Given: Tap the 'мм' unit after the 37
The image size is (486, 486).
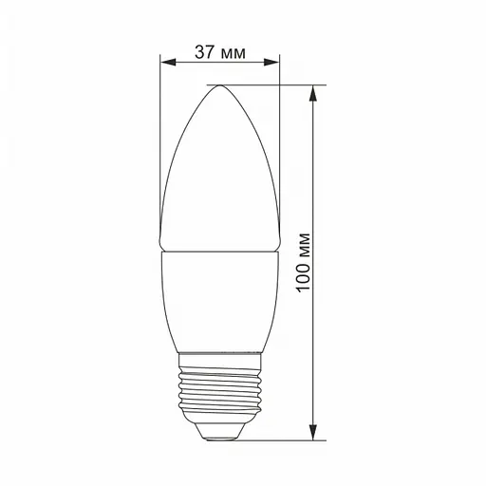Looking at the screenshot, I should point(233,53).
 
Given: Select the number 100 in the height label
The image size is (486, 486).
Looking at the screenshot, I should point(304,278).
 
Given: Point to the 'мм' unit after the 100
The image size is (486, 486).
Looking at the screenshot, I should point(304,246).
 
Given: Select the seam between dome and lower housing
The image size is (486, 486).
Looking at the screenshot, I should point(220,250).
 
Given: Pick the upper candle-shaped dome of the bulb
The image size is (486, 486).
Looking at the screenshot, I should point(220,171).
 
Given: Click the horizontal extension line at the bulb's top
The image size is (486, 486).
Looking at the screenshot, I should point(275,85).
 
